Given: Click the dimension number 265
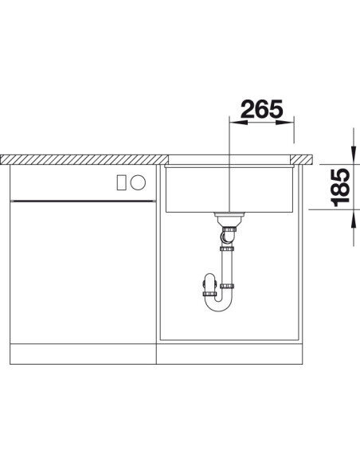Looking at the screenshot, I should tap(260, 110).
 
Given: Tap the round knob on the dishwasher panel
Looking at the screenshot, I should tap(137, 182).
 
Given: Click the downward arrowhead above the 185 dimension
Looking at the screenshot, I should tap(353, 150).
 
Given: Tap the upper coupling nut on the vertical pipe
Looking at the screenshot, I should tap(229, 249).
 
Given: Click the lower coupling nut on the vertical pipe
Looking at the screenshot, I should tap(229, 285).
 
